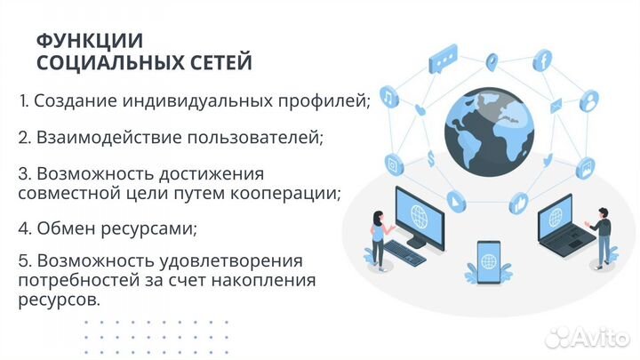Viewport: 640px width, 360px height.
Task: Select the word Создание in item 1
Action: click(x=72, y=101)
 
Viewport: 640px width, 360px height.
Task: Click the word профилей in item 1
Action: click(x=326, y=101)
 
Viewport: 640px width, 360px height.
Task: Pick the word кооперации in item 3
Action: click(x=289, y=193)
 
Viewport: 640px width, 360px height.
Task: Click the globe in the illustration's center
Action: click(x=490, y=127)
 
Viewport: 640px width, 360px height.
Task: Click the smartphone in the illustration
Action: click(x=488, y=263)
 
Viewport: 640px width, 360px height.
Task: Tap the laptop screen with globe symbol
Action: click(x=557, y=218)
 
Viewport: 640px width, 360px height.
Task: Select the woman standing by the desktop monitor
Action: click(x=379, y=237)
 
